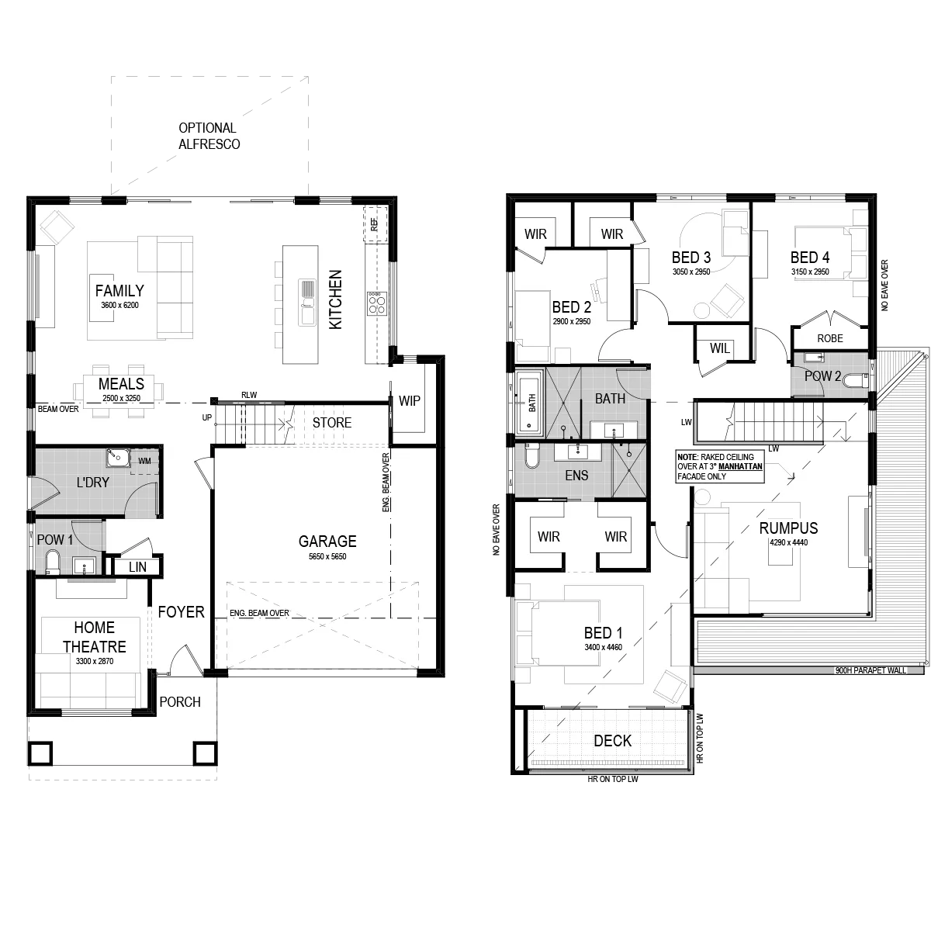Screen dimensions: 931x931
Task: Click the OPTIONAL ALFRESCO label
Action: click(209, 137)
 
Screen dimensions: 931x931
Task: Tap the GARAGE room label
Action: click(327, 541)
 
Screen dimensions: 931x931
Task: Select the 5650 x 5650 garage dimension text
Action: click(327, 556)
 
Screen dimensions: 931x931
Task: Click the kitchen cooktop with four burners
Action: click(376, 303)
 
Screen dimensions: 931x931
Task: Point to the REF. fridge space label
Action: click(375, 224)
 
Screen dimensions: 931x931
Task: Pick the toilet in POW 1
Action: click(52, 562)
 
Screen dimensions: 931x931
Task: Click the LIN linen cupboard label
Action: click(137, 567)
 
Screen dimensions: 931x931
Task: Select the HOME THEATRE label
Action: click(94, 637)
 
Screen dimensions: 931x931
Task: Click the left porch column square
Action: click(40, 753)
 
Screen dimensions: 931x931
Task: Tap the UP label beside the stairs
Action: click(207, 417)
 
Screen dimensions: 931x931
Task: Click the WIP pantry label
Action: click(409, 400)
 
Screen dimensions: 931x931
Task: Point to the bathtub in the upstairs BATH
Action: click(531, 400)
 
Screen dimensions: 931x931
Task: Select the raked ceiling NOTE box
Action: click(720, 467)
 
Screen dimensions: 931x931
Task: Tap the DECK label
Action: click(612, 741)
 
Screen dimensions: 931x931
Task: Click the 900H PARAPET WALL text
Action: click(870, 670)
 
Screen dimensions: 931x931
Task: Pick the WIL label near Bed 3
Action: click(719, 348)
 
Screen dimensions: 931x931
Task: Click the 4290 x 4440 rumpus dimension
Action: click(788, 542)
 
